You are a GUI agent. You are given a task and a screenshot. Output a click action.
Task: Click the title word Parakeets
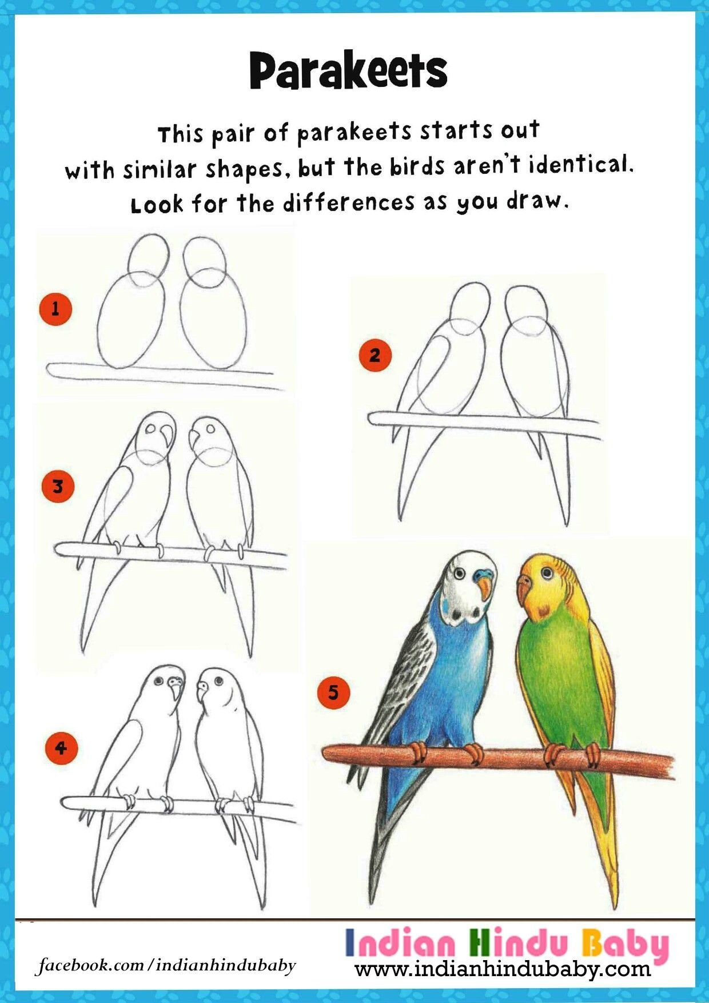tap(348, 71)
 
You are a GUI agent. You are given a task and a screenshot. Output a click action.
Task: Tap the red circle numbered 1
tap(55, 309)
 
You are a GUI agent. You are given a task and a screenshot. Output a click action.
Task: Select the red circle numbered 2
tap(375, 356)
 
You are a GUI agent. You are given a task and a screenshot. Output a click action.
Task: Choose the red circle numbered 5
tap(333, 693)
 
